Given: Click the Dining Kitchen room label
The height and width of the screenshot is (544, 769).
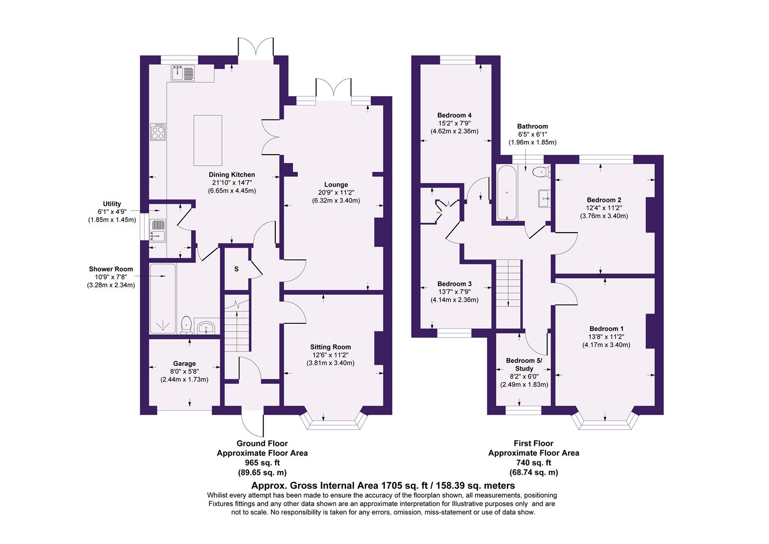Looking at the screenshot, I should tap(232, 175).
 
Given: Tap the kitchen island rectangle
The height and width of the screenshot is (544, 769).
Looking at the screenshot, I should tap(208, 140).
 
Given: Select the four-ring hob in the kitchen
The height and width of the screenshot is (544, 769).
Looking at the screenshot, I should tap(158, 132).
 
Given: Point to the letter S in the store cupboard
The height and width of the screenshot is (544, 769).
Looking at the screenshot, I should tap(236, 269).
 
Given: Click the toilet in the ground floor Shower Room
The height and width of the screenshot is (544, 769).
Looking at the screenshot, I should tap(186, 325).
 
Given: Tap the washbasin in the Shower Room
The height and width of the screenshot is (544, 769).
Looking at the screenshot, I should tap(206, 328).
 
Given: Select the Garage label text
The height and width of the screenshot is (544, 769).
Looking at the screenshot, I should tap(184, 363).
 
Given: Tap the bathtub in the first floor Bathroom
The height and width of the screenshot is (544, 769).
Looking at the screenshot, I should tap(506, 193).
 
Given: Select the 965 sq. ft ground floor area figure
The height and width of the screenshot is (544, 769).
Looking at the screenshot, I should tap(262, 462).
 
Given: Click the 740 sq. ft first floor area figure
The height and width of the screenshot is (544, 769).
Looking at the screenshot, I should tap(533, 462).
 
